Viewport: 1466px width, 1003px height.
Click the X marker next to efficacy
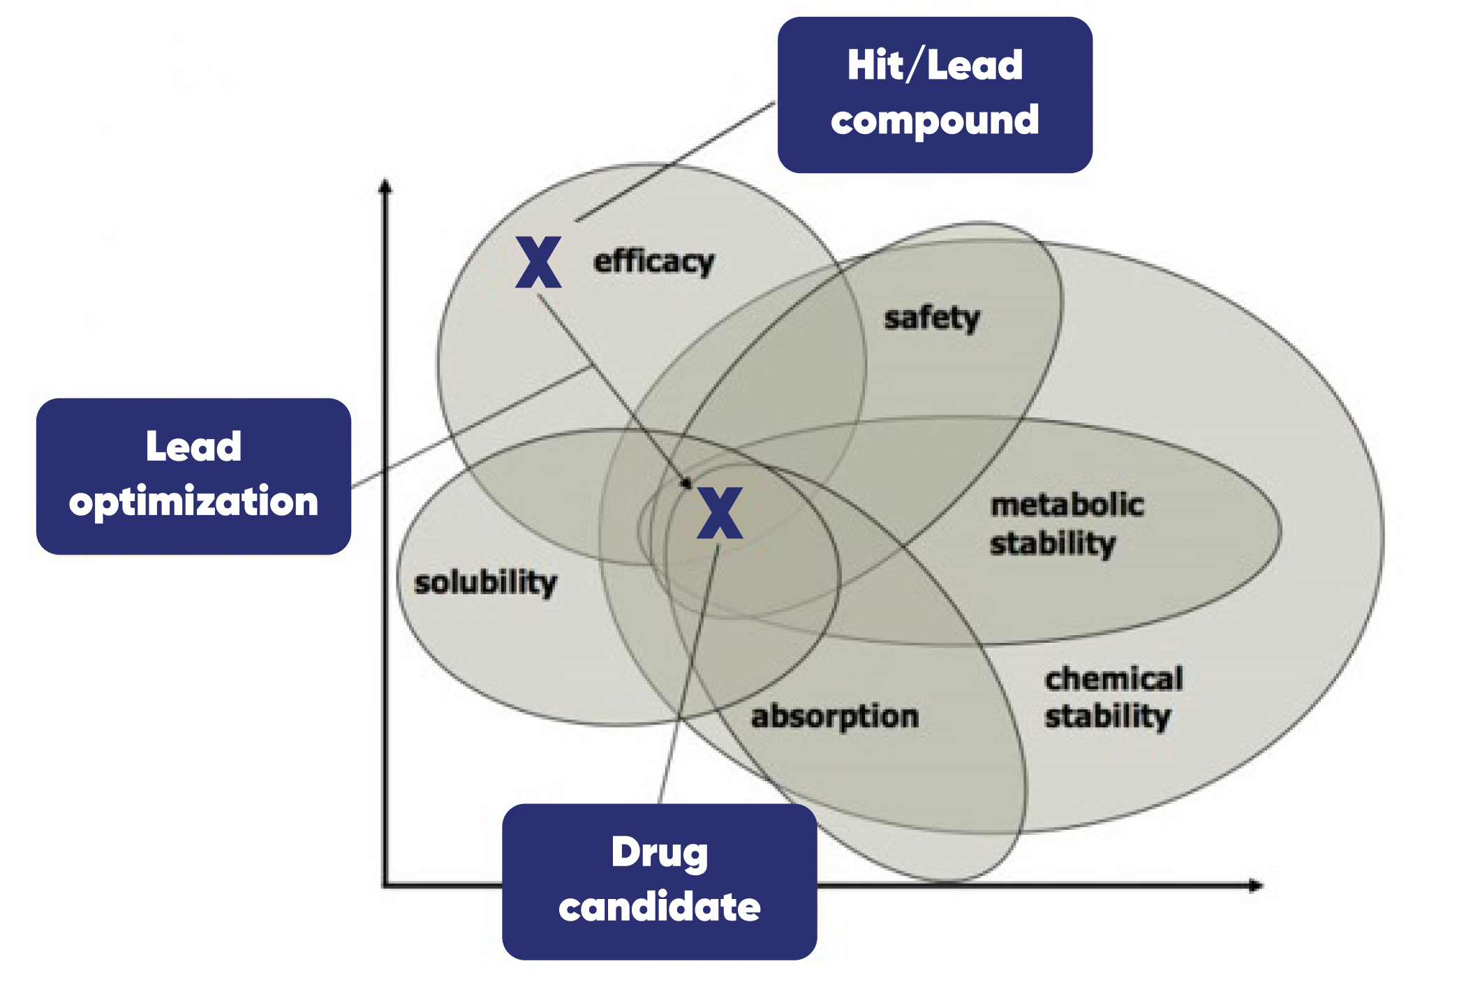538,262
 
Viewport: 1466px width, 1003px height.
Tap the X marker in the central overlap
720,513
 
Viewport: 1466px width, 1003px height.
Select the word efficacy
654,262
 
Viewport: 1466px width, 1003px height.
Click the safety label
932,318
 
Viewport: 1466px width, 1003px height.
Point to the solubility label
486,583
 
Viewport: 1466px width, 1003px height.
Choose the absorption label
834,717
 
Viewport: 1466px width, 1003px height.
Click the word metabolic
1067,505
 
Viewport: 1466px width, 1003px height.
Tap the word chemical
1113,678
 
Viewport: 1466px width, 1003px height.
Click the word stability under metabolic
1053,544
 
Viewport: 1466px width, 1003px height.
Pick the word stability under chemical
1107,717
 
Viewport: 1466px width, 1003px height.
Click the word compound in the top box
935,121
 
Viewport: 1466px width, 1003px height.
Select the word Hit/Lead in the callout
935,66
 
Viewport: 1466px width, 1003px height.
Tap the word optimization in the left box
193,502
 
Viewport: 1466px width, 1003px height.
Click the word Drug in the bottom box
660,852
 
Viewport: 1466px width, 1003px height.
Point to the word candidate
660,907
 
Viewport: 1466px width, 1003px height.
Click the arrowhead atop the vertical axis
385,186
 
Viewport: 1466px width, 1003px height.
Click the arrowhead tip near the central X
687,483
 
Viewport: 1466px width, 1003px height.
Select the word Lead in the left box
193,447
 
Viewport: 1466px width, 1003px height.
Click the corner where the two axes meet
385,886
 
